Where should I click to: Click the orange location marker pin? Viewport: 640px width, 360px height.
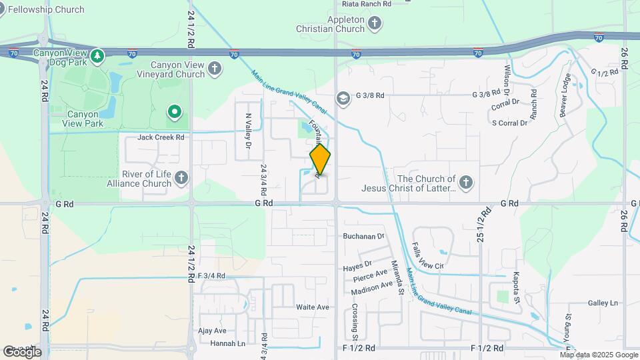click(320, 159)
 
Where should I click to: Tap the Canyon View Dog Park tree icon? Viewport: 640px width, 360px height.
click(98, 55)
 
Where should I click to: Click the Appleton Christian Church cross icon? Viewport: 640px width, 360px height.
click(375, 25)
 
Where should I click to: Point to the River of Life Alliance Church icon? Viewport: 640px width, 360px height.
click(181, 178)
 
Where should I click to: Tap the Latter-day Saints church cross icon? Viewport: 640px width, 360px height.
click(466, 181)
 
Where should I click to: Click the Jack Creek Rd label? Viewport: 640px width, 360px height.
click(161, 137)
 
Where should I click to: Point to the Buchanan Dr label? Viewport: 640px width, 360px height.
click(364, 236)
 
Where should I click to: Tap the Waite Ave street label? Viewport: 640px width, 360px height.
click(313, 307)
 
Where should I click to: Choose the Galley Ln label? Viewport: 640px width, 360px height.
click(603, 303)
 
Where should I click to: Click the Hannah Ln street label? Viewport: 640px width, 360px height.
click(227, 343)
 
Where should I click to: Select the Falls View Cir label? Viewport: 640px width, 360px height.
click(428, 255)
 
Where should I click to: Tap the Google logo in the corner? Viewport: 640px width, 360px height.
click(22, 351)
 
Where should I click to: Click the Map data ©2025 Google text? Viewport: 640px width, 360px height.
click(599, 355)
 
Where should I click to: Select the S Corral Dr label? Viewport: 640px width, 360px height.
click(509, 123)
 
